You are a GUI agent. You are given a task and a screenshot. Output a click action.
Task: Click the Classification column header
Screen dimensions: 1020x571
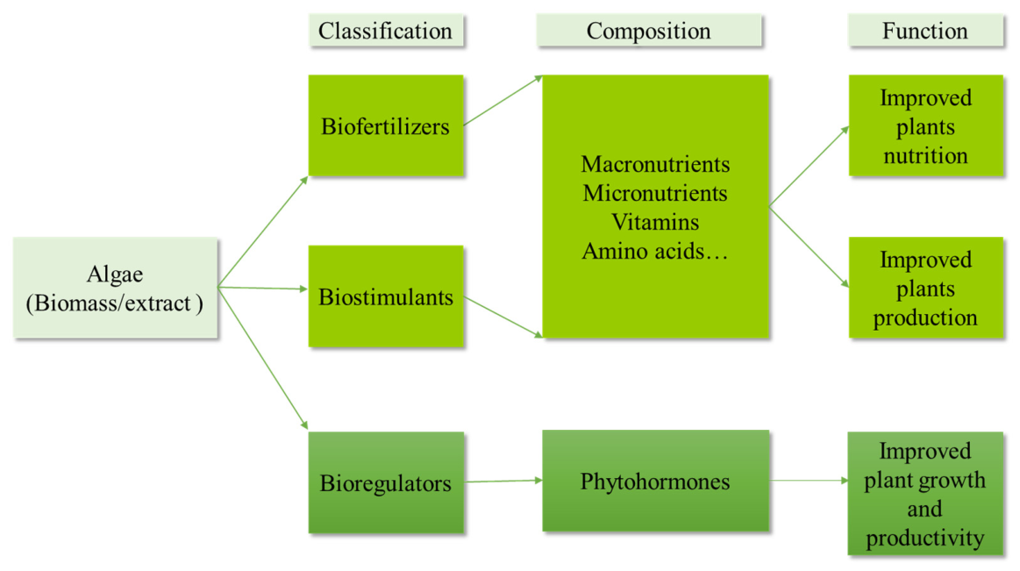tap(386, 31)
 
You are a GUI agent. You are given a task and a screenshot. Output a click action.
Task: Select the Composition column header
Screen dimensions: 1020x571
tap(648, 31)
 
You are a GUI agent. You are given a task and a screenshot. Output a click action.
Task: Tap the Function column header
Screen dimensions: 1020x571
tap(925, 31)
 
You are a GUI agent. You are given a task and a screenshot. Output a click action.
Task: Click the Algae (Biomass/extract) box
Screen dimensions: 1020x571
tap(115, 288)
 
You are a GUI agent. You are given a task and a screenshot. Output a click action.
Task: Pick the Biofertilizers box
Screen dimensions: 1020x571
tap(386, 125)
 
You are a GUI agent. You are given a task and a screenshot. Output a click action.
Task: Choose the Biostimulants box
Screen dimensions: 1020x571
tap(386, 296)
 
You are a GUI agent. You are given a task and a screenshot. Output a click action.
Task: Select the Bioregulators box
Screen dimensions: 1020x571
tap(386, 482)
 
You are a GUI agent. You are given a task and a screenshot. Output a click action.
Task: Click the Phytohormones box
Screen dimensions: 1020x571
tap(655, 481)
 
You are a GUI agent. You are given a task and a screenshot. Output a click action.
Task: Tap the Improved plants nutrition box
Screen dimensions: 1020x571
tap(925, 125)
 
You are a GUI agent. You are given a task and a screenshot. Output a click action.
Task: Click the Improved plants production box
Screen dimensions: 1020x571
tap(925, 288)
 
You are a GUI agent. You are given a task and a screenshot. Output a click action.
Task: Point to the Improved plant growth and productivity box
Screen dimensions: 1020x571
tap(925, 493)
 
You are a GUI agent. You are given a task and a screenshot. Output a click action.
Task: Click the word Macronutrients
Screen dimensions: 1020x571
tap(655, 164)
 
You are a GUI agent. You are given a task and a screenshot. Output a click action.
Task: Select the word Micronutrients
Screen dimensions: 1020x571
tap(655, 193)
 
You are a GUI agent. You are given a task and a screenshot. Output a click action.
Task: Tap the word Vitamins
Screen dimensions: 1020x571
tap(655, 222)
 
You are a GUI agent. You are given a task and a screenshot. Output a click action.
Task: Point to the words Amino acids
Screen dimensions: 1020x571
tap(643, 251)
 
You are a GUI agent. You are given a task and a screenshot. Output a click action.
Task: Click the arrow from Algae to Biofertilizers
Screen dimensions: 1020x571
tap(263, 231)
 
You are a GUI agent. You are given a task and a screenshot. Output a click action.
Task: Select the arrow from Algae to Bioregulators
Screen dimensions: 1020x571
tap(263, 359)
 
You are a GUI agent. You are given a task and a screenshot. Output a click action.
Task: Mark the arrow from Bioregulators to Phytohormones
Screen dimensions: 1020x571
tap(504, 482)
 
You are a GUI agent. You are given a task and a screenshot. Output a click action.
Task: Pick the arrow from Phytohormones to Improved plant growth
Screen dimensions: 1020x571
tap(809, 481)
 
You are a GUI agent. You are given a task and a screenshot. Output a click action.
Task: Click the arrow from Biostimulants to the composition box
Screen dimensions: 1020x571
tap(503, 318)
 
